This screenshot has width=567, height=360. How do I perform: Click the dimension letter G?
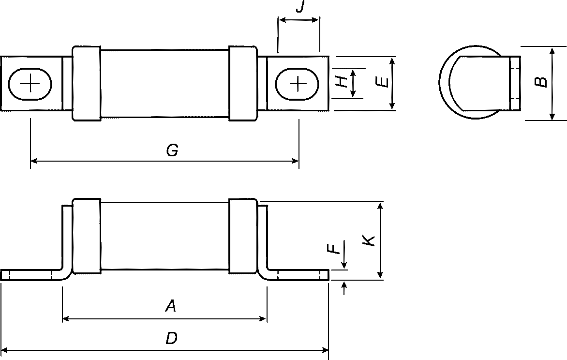point(173,150)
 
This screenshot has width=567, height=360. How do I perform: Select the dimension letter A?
point(171,306)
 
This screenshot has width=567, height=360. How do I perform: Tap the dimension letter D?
point(171,338)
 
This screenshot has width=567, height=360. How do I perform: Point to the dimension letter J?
point(299,6)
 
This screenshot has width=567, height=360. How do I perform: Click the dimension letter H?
point(342,82)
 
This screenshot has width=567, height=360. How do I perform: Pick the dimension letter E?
point(382,82)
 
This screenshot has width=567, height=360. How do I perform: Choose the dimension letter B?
point(541,82)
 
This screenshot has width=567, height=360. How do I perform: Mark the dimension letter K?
point(369,240)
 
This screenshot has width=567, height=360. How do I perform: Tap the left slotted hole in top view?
point(30,84)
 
